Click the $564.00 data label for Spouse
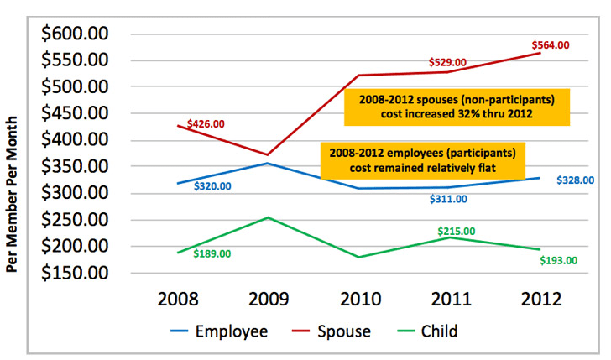551,44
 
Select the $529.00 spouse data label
447,62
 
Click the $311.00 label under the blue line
449,199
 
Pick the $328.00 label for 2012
575,180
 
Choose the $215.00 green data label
457,231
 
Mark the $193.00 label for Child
559,260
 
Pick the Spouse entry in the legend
332,331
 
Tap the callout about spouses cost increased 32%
457,107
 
